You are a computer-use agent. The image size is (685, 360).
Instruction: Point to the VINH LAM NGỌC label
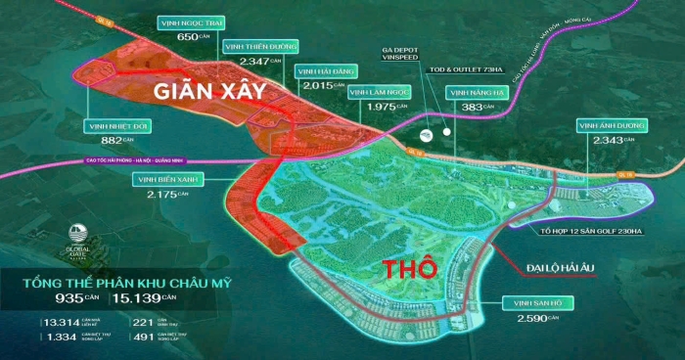click(x=380, y=92)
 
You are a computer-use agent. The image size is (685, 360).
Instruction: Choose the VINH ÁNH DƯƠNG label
click(x=611, y=126)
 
